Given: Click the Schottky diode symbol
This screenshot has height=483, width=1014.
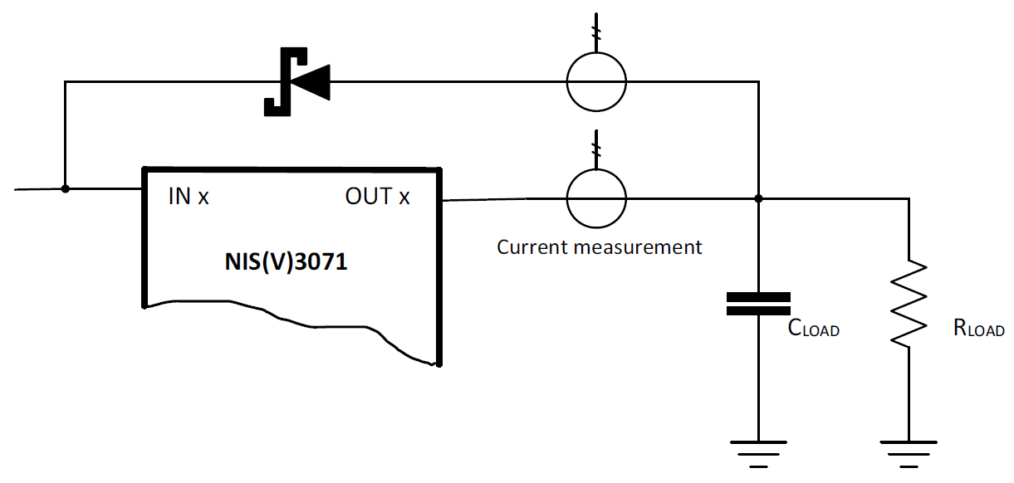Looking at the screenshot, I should [296, 81].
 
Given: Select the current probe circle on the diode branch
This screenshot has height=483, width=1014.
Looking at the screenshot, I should [595, 81].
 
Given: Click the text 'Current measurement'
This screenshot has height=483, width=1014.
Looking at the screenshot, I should [599, 246].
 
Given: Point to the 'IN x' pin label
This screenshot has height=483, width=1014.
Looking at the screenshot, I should [189, 197].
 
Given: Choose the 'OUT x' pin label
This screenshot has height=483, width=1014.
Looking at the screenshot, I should [377, 197].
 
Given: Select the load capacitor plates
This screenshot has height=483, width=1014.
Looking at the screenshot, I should [758, 304].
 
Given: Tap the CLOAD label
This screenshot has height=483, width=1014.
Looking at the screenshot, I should [813, 329].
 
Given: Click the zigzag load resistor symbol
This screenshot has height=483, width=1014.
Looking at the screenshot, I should [909, 303].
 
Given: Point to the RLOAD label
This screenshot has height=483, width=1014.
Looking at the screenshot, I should [979, 329].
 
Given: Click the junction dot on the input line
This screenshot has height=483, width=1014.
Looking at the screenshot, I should [66, 188].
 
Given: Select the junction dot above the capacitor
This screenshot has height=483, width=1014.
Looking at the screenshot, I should [758, 199].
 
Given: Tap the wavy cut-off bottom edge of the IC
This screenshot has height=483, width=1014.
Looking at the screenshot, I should [291, 328].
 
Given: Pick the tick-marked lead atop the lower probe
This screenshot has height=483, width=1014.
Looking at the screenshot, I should [595, 149].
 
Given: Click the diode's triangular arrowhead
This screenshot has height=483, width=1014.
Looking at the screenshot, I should [315, 81].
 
